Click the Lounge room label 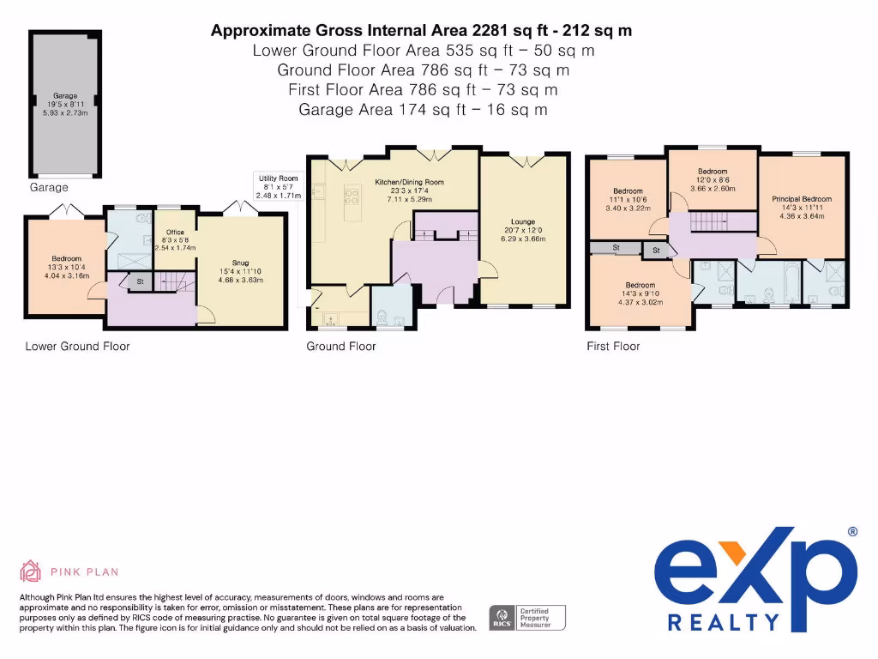(523, 230)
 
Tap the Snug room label (240, 271)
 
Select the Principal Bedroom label (802, 208)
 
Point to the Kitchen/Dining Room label (409, 190)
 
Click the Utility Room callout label (279, 186)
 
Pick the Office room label (175, 240)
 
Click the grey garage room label (65, 104)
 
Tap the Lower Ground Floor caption (77, 347)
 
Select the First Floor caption (613, 347)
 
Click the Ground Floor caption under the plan (341, 347)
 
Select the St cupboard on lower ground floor (140, 281)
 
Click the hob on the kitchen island (352, 197)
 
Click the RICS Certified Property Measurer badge (527, 618)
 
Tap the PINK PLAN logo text (85, 572)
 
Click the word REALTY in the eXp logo (724, 623)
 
